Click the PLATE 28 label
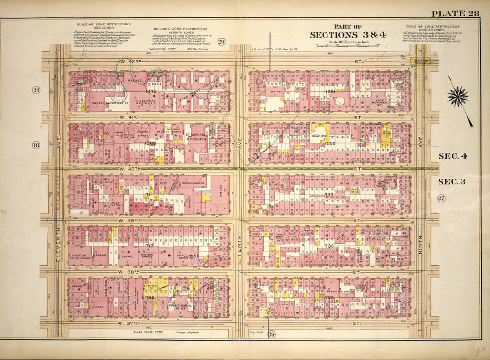[455, 13]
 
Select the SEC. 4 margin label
[452, 156]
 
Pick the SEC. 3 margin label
[452, 181]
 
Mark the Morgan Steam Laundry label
[80, 258]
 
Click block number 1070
[151, 90]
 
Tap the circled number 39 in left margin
[36, 90]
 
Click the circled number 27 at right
[441, 199]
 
